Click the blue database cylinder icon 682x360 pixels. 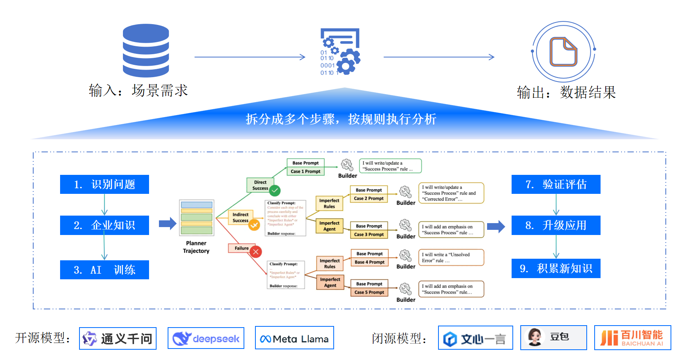coord(146,50)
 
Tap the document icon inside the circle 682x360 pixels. coord(563,51)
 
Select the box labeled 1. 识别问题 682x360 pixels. coord(104,184)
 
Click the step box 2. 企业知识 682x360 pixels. coord(104,225)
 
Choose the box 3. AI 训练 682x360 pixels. coord(104,270)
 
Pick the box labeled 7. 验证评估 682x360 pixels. coord(556,184)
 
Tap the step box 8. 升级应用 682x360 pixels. coord(556,225)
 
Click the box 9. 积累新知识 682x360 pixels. coord(556,269)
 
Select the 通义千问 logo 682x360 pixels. coord(118,339)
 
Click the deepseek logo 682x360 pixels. coord(206,338)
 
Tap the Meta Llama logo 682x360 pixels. coord(295,338)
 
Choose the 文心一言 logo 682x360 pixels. coord(475,338)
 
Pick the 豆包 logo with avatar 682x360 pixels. coord(554,337)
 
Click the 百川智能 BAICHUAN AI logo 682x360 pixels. coord(633,338)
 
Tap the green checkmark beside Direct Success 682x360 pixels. coord(275,191)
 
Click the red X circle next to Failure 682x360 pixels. coord(256,252)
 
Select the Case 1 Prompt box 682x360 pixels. coord(306,171)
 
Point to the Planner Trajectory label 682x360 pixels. coord(196,247)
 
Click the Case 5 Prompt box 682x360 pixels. coord(369,292)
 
